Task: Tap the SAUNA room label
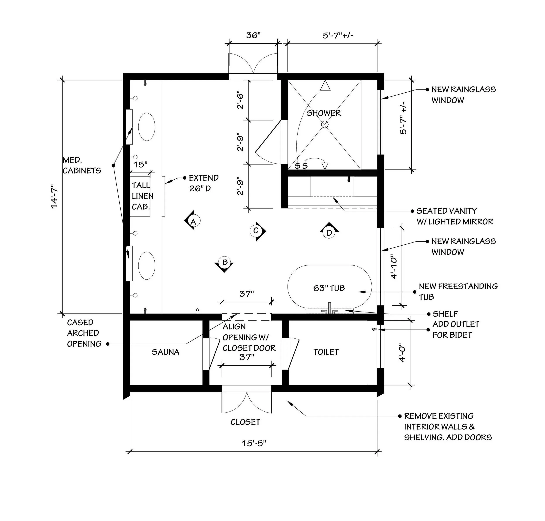[x=165, y=352]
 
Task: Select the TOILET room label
[x=326, y=352]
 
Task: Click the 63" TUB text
[x=329, y=288]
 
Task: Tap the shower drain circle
[x=325, y=124]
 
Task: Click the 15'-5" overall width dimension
[x=254, y=443]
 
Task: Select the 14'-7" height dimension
[x=54, y=197]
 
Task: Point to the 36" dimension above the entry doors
[x=253, y=35]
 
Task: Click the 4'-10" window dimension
[x=394, y=267]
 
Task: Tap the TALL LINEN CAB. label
[x=142, y=196]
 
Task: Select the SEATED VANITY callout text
[x=455, y=216]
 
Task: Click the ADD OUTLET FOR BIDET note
[x=456, y=330]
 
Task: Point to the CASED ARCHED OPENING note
[x=84, y=333]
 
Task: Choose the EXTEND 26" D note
[x=204, y=183]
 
